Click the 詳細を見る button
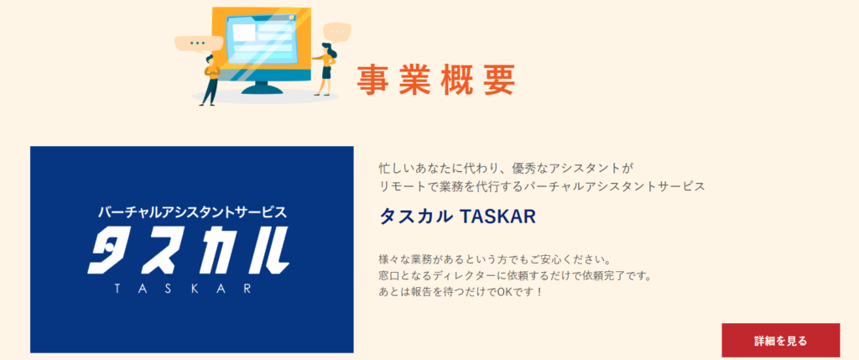(x=780, y=340)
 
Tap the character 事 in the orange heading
(x=373, y=80)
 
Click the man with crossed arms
(x=211, y=80)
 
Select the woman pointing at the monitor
(x=325, y=69)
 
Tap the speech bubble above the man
(x=198, y=44)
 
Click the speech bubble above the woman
(x=337, y=32)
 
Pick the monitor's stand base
(x=263, y=90)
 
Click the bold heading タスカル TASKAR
(x=457, y=217)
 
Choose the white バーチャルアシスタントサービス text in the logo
(x=192, y=212)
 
